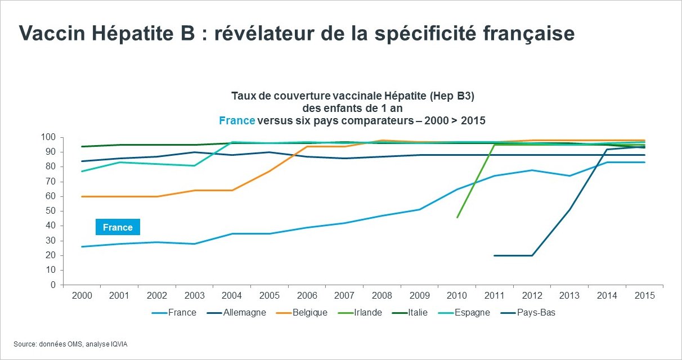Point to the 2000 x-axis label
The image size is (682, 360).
click(x=82, y=295)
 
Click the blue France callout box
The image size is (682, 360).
click(x=118, y=227)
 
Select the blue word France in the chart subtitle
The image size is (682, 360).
click(x=236, y=120)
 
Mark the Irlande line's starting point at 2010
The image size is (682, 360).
click(x=457, y=217)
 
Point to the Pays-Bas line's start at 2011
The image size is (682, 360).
click(x=495, y=255)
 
